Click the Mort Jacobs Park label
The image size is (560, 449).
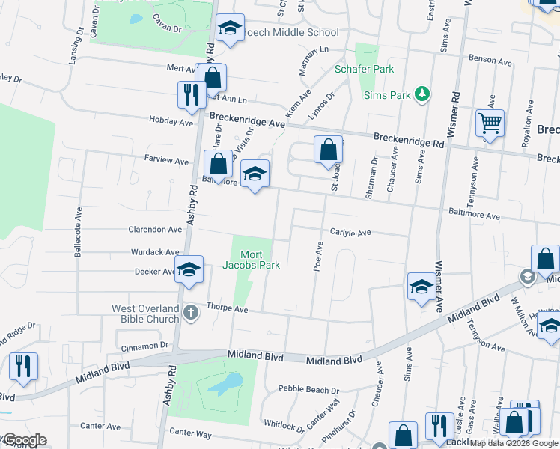(x=251, y=259)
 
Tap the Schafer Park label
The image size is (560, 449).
(x=363, y=69)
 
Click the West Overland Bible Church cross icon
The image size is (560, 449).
(x=192, y=311)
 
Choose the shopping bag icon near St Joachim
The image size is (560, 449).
(x=328, y=150)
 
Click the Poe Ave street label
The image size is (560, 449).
(x=318, y=256)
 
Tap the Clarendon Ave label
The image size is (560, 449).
(x=155, y=230)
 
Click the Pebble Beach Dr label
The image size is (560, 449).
(x=308, y=389)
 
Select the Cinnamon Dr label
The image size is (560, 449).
(x=144, y=346)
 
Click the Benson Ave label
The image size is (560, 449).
(x=488, y=58)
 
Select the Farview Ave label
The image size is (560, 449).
(x=167, y=161)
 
